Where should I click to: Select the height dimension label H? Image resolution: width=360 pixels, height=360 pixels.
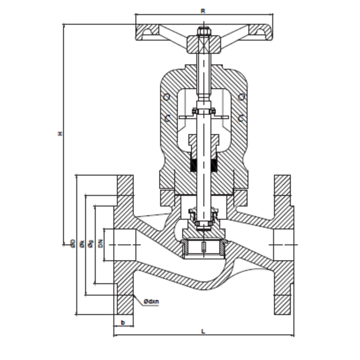(60, 134)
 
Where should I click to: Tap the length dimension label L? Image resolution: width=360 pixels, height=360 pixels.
(204, 332)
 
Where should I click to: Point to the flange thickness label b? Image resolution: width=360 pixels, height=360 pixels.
(122, 322)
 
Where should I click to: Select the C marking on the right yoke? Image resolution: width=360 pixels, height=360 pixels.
(241, 119)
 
